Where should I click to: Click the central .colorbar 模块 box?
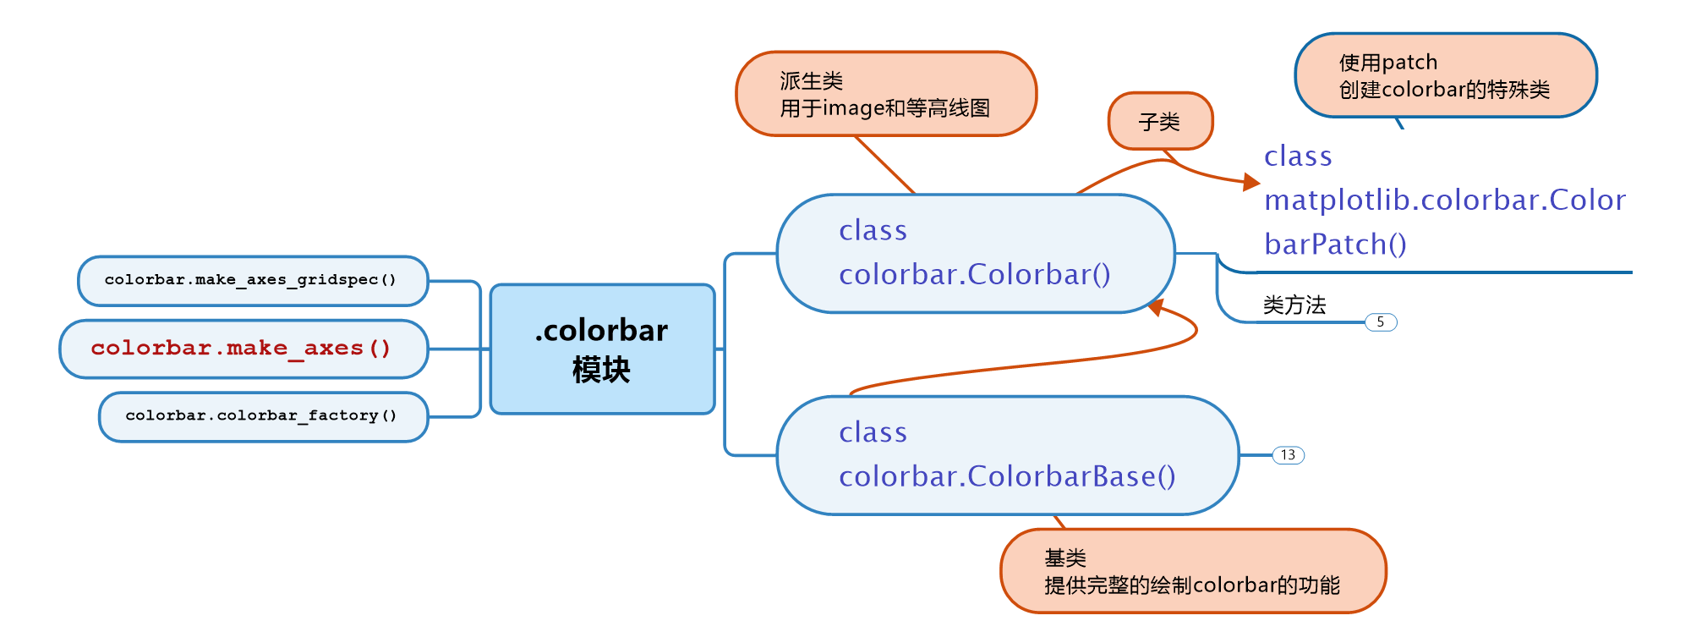pyautogui.click(x=602, y=349)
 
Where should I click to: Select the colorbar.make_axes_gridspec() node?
pyautogui.click(x=253, y=281)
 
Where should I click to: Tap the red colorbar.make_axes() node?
pyautogui.click(x=244, y=349)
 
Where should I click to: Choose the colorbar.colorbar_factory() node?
pyautogui.click(x=263, y=416)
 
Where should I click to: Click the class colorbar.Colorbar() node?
pyautogui.click(x=975, y=254)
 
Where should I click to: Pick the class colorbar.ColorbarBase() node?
pyautogui.click(x=1007, y=455)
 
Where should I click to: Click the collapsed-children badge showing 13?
pyautogui.click(x=1288, y=455)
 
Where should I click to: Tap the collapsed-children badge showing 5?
pyautogui.click(x=1381, y=322)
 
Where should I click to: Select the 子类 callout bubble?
pyautogui.click(x=1160, y=122)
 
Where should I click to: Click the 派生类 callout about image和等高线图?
pyautogui.click(x=886, y=94)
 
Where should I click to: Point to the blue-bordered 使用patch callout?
pyautogui.click(x=1445, y=75)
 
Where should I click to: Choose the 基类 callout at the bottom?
pyautogui.click(x=1192, y=571)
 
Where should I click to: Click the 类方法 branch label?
pyautogui.click(x=1294, y=305)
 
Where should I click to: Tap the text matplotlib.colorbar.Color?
pyautogui.click(x=1444, y=201)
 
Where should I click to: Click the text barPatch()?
pyautogui.click(x=1335, y=245)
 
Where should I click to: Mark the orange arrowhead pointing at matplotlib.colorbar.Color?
pyautogui.click(x=1252, y=181)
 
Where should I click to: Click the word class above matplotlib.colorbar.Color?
pyautogui.click(x=1298, y=157)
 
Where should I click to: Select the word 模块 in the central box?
pyautogui.click(x=601, y=370)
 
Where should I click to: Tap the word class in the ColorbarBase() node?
pyautogui.click(x=873, y=432)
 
